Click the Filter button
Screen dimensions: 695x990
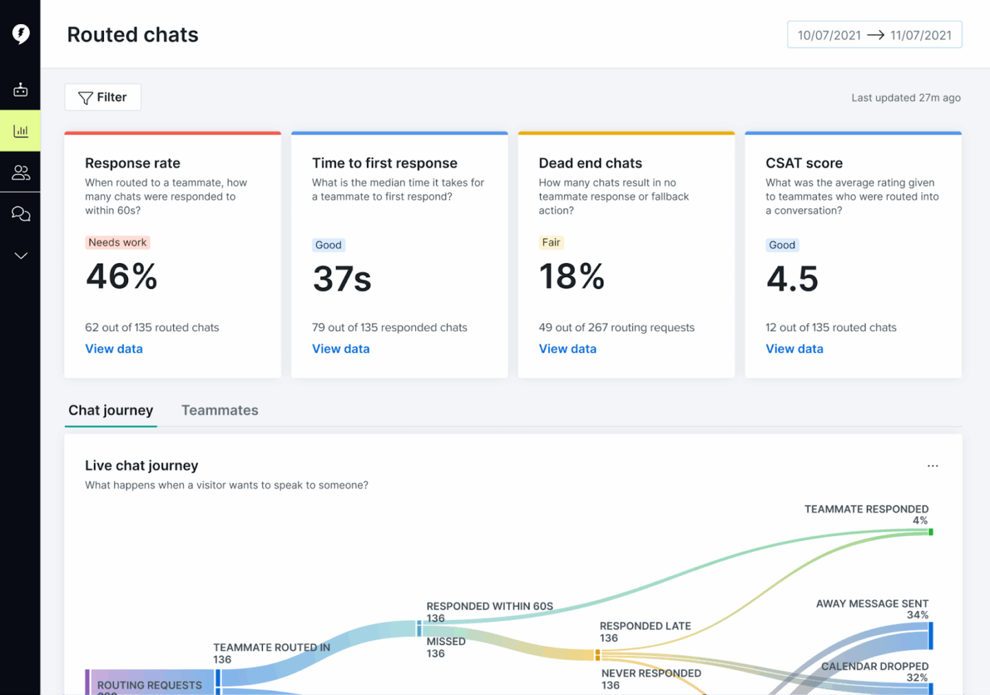pyautogui.click(x=103, y=98)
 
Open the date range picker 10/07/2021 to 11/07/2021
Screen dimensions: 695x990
pyautogui.click(x=874, y=35)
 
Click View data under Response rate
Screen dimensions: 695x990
pyautogui.click(x=114, y=349)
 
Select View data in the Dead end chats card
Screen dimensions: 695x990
pyautogui.click(x=567, y=349)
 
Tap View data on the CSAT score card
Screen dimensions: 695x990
pyautogui.click(x=794, y=349)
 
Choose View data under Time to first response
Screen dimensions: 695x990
pyautogui.click(x=341, y=349)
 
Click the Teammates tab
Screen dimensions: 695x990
pyautogui.click(x=220, y=410)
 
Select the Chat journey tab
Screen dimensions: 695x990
pyautogui.click(x=111, y=410)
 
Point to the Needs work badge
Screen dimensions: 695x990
pyautogui.click(x=117, y=243)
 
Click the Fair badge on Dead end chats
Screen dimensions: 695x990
pyautogui.click(x=551, y=243)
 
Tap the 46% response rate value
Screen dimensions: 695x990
pyautogui.click(x=122, y=276)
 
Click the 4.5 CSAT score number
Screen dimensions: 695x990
pyautogui.click(x=792, y=279)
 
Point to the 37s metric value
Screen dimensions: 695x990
pyautogui.click(x=342, y=279)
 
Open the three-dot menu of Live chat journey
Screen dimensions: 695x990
pyautogui.click(x=933, y=466)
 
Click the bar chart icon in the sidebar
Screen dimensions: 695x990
pyautogui.click(x=21, y=131)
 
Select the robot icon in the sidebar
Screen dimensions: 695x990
pyautogui.click(x=21, y=90)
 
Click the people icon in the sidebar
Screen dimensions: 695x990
pyautogui.click(x=21, y=173)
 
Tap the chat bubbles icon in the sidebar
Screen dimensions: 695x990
pyautogui.click(x=21, y=214)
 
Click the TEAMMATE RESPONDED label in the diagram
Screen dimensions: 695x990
pyautogui.click(x=866, y=509)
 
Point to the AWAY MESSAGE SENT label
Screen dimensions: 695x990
pyautogui.click(x=871, y=604)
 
